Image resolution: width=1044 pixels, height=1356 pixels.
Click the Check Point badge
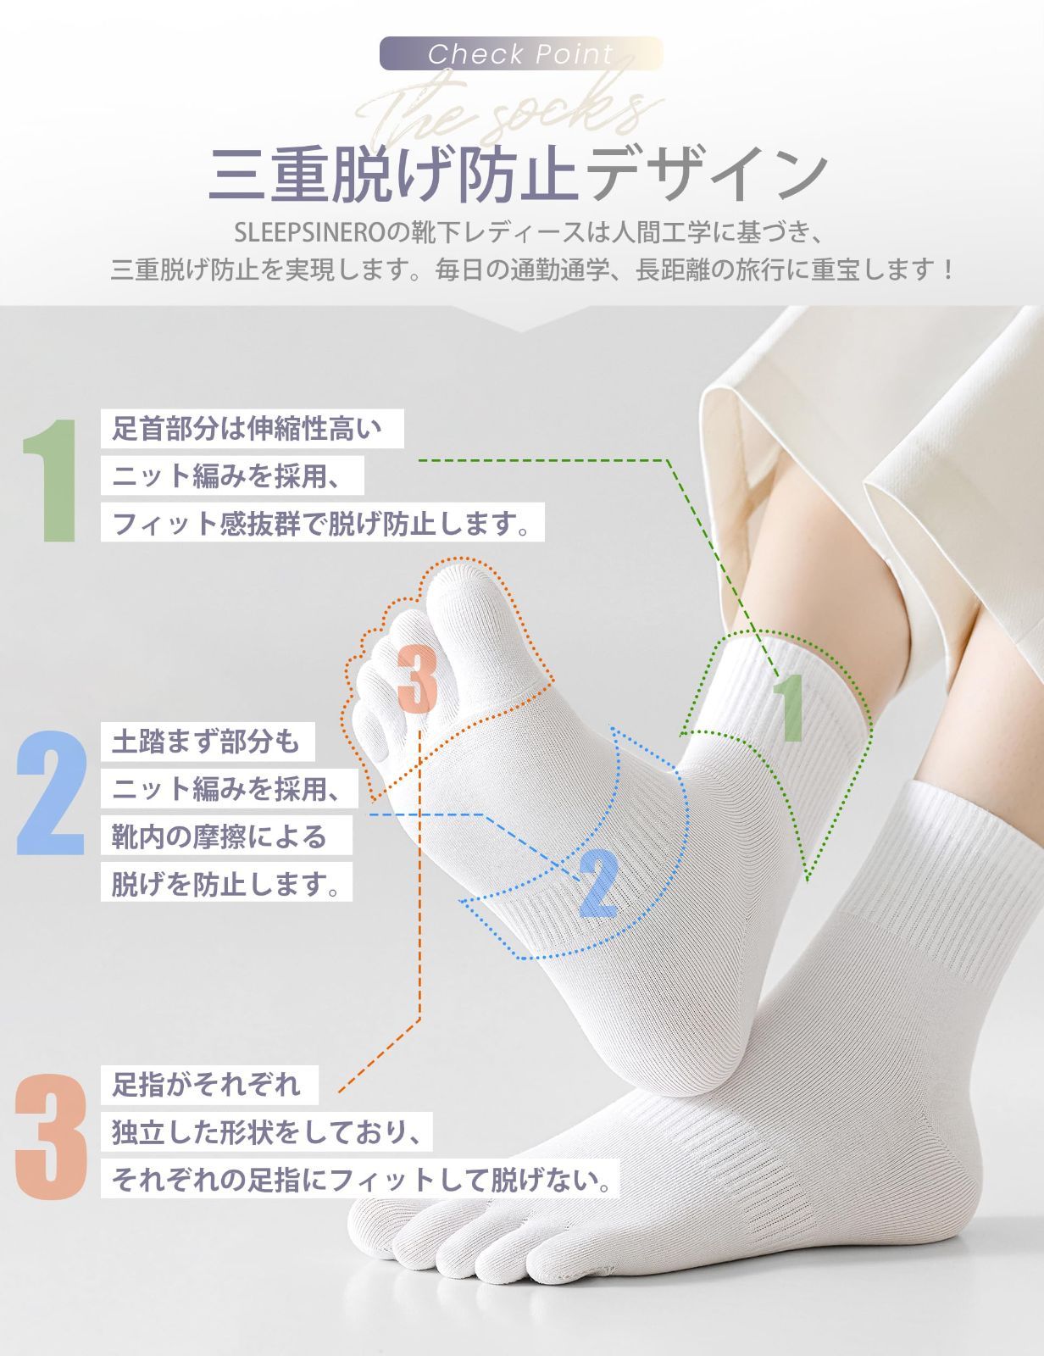click(x=521, y=53)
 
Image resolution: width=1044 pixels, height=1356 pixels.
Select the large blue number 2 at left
click(x=51, y=792)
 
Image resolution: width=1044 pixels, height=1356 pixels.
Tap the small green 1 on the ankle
click(x=790, y=709)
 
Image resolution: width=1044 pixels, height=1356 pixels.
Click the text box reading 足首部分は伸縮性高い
click(x=252, y=429)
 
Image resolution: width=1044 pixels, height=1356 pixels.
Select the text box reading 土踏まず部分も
click(x=208, y=742)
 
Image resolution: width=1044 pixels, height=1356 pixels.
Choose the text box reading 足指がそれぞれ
click(x=209, y=1085)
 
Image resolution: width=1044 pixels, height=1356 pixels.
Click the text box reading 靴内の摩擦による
click(x=226, y=836)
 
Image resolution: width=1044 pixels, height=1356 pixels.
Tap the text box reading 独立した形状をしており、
click(x=267, y=1132)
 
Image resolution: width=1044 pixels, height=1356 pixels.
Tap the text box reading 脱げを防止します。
click(x=226, y=882)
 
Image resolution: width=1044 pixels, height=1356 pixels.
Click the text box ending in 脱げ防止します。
click(x=322, y=522)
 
